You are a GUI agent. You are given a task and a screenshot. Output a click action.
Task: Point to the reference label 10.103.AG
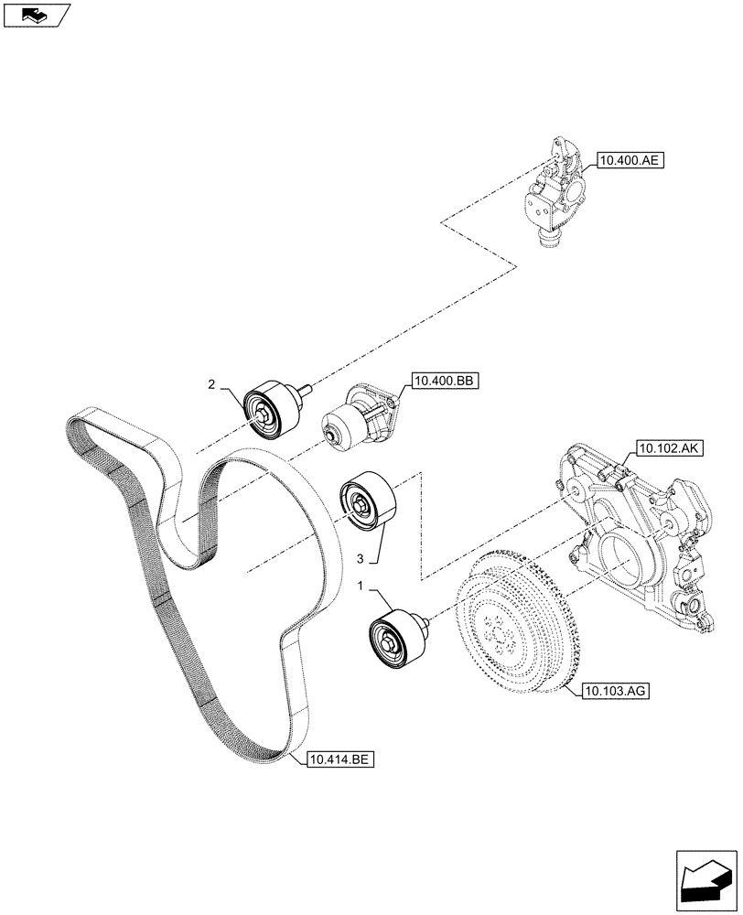point(614,692)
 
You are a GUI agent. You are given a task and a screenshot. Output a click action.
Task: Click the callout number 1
point(361,586)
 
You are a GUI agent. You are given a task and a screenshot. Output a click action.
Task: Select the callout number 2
point(211,385)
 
